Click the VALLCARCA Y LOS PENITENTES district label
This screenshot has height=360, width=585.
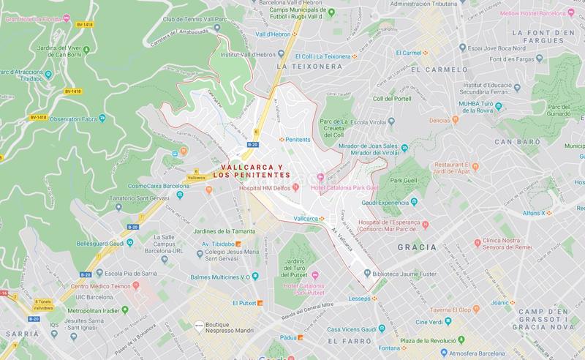(251, 171)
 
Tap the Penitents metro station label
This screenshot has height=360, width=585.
(298, 139)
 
